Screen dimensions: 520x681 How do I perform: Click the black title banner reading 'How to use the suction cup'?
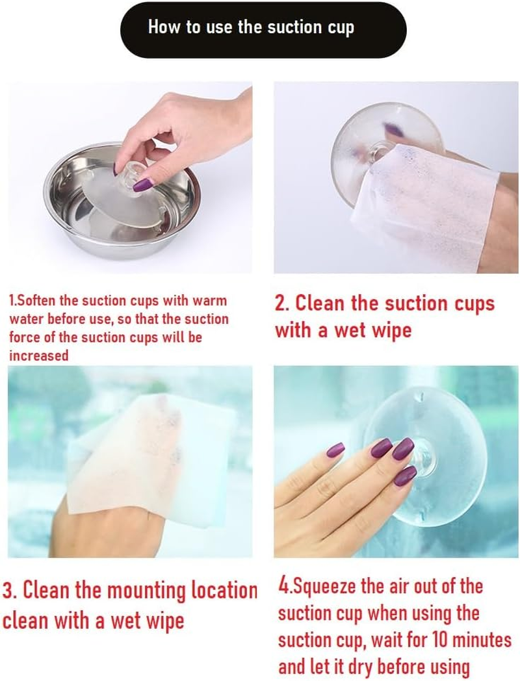263,30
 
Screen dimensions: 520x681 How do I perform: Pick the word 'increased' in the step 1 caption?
39,355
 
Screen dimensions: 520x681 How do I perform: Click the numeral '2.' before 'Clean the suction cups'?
282,303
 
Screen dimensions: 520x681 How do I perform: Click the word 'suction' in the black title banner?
287,27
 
